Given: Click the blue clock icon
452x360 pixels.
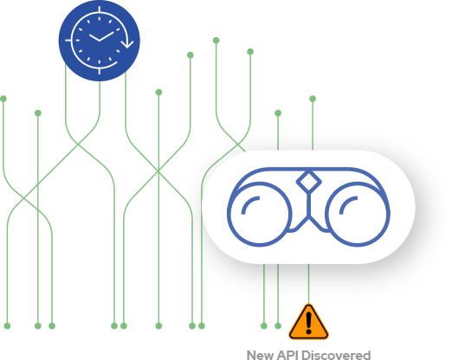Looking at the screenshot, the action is tap(100, 41).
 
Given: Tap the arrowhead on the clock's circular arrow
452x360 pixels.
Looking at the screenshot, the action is tap(127, 44).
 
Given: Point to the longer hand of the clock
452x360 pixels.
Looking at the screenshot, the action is tap(107, 36).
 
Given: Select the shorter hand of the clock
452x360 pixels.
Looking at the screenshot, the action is tap(94, 37).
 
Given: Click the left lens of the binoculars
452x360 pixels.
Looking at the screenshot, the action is tap(259, 214).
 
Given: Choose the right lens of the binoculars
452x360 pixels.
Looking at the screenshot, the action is tap(358, 214).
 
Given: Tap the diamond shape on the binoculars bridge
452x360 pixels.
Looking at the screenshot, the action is tap(308, 182).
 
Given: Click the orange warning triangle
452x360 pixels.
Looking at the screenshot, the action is tap(308, 322).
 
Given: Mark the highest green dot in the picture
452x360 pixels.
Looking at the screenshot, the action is tap(216, 41).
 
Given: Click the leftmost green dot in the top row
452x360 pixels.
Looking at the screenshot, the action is tap(3, 99).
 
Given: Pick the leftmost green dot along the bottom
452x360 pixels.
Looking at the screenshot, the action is tap(7, 325).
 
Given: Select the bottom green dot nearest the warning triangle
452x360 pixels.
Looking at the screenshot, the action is tap(278, 325).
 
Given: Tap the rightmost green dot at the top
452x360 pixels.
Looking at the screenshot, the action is tap(313, 99).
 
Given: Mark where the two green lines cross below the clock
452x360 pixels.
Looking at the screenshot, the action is tap(78, 145).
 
